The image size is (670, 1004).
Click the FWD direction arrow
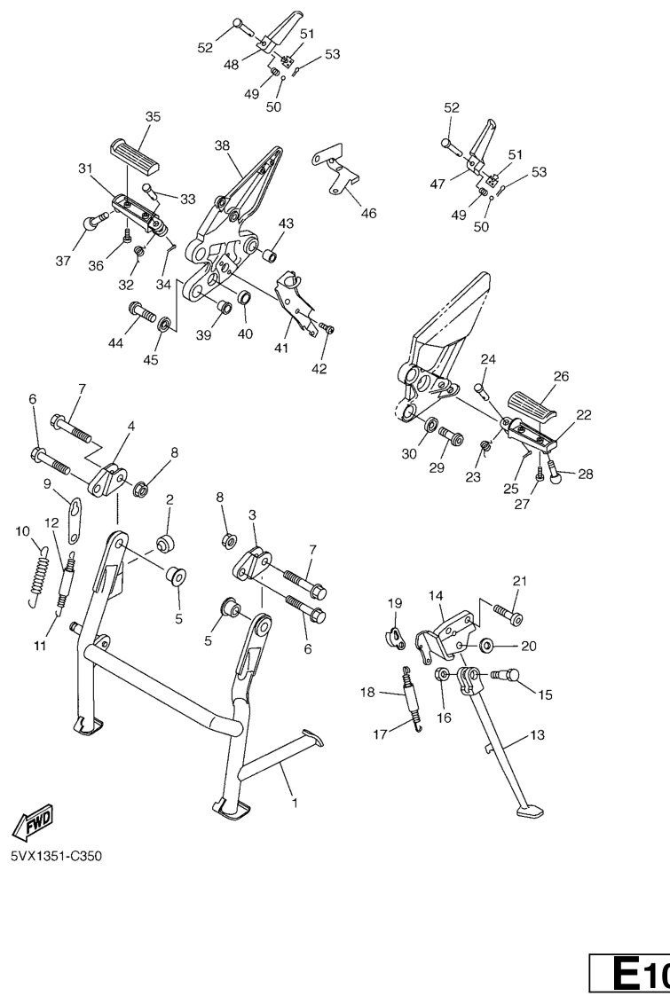click(34, 821)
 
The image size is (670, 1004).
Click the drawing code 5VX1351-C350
click(56, 856)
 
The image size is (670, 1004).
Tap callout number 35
click(154, 116)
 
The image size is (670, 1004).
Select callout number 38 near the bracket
click(222, 145)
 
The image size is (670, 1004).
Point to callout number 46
click(368, 213)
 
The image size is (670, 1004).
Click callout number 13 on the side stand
click(537, 734)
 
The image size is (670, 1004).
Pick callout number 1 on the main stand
click(295, 803)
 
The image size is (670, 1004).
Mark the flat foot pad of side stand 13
click(531, 812)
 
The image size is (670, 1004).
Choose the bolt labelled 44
click(142, 313)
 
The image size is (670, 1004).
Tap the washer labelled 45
click(165, 325)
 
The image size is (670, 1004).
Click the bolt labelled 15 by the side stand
click(505, 675)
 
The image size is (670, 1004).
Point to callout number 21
click(519, 582)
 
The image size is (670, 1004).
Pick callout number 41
click(281, 348)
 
